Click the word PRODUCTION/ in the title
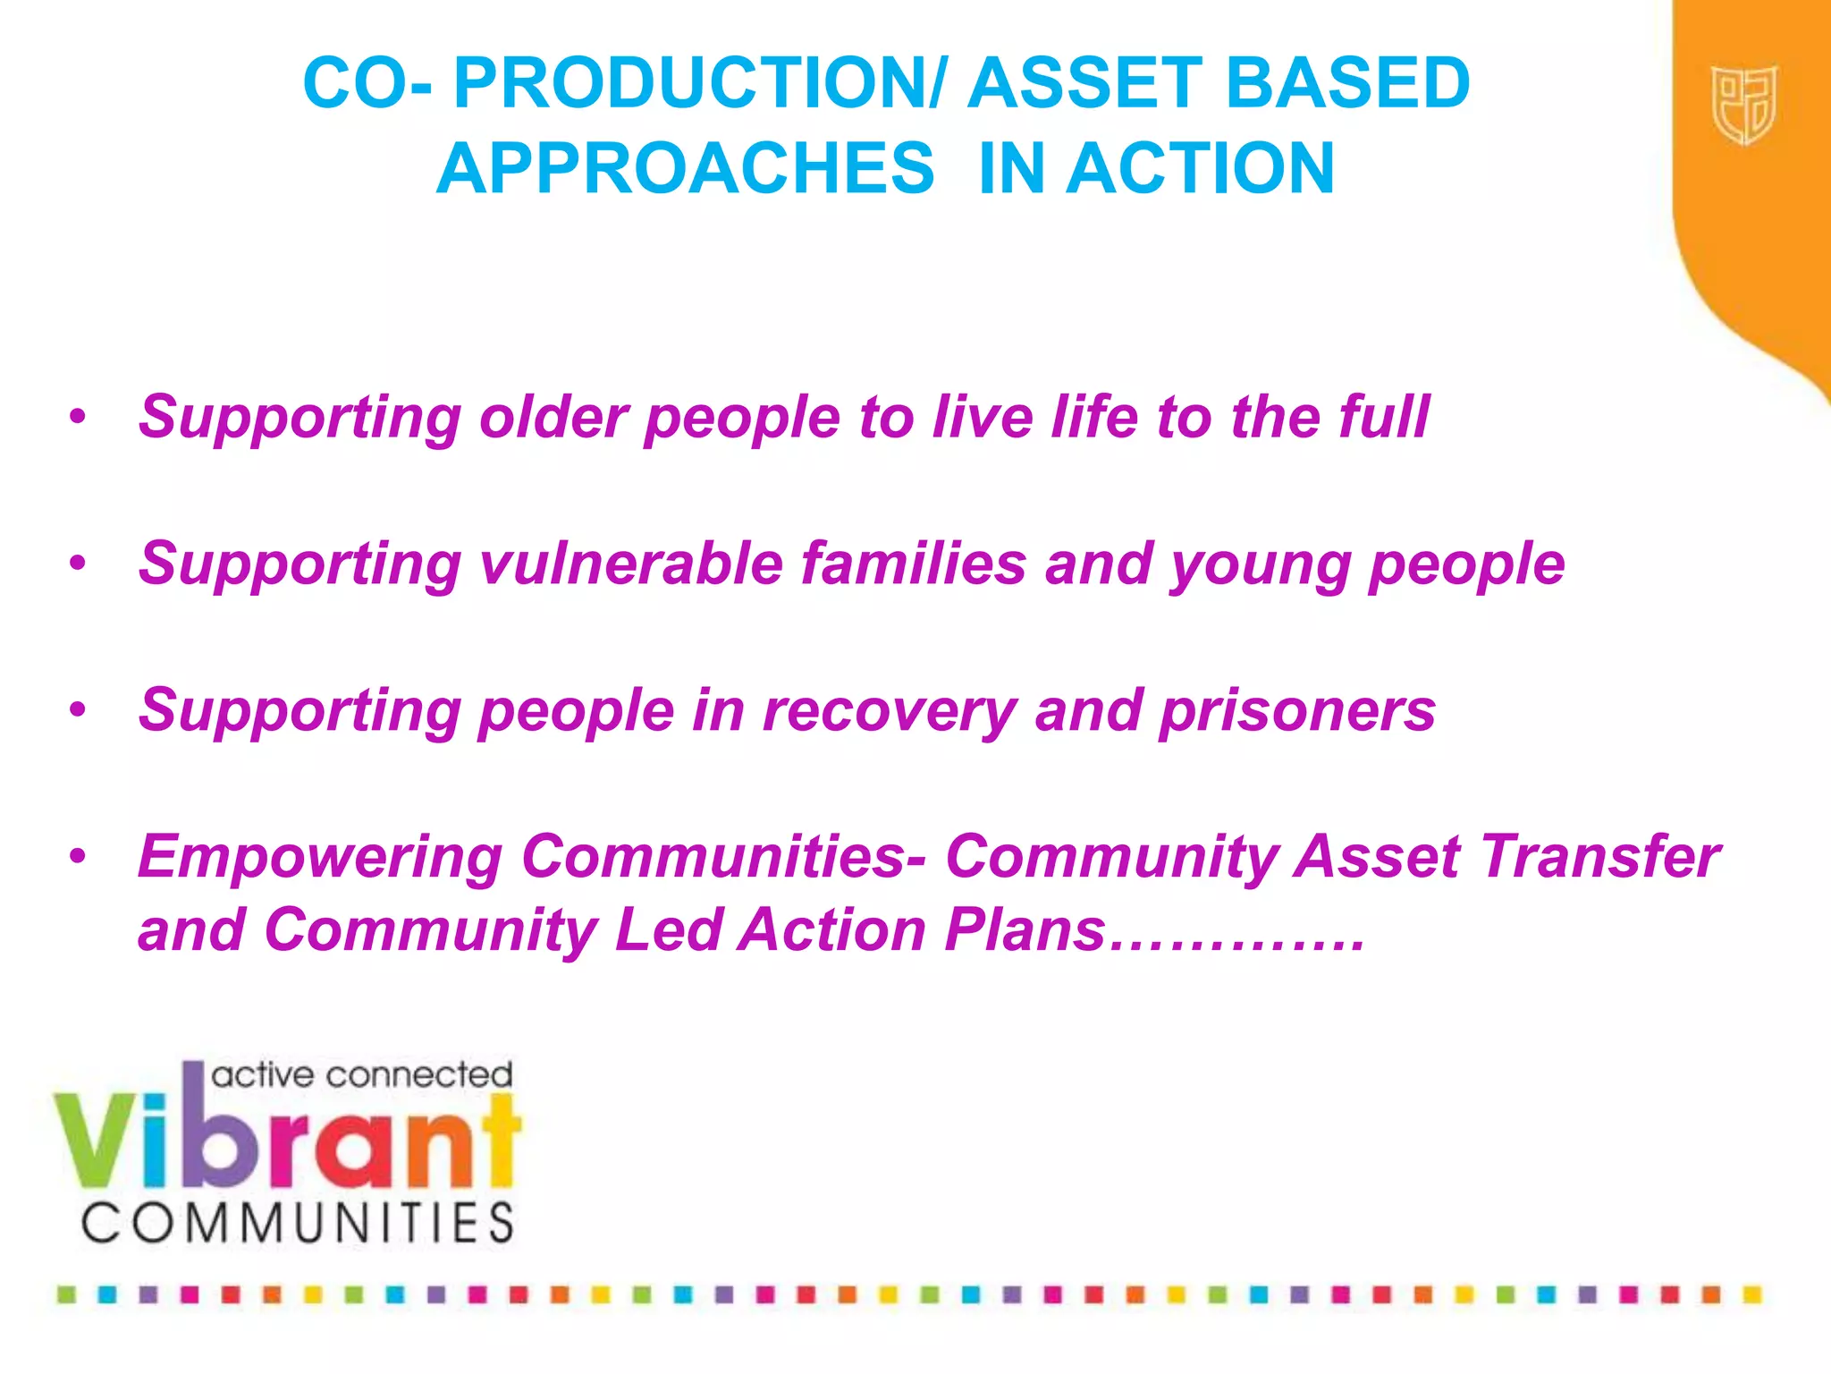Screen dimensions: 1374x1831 (x=697, y=83)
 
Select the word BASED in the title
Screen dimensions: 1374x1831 (x=1347, y=83)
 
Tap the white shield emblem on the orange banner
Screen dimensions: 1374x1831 (x=1743, y=105)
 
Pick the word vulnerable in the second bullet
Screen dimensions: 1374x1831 (x=631, y=564)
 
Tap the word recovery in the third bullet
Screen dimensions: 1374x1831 (x=890, y=711)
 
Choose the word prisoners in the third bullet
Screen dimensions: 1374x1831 (x=1297, y=711)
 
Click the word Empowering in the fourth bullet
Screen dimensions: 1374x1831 (x=320, y=857)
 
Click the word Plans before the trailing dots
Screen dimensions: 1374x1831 (x=1025, y=930)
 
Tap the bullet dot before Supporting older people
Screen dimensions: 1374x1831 (x=79, y=417)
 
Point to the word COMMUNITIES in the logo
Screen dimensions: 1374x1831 (x=299, y=1223)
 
